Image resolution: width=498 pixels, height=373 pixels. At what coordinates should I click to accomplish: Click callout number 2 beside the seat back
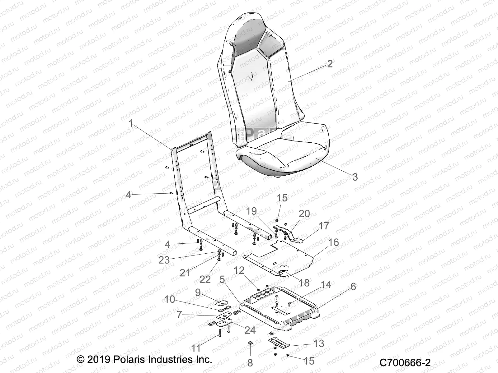click(330, 63)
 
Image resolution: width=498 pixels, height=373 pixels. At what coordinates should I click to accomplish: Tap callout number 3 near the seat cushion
click(355, 177)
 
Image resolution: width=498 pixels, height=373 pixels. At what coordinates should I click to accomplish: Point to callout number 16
click(333, 242)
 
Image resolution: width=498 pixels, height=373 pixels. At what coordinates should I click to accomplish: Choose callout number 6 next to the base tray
click(353, 286)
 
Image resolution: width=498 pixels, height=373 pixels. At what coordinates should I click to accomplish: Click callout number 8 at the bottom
click(250, 362)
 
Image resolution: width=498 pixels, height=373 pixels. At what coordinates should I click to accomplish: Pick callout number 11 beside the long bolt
click(195, 348)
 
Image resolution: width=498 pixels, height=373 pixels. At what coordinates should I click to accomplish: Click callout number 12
click(239, 270)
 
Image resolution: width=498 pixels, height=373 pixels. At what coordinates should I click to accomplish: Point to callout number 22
click(205, 279)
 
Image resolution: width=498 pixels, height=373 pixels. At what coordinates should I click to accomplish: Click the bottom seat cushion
click(286, 152)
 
